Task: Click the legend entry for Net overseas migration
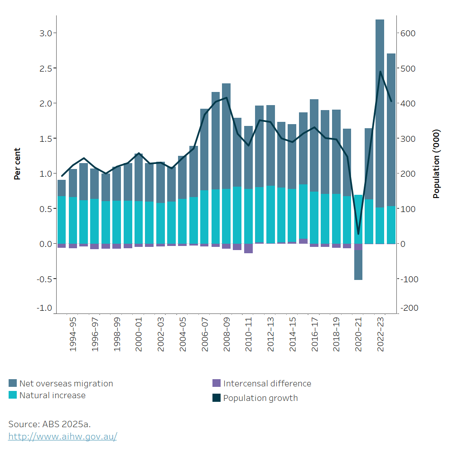pos(66,384)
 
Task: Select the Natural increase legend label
pos(52,395)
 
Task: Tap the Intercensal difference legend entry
pos(267,384)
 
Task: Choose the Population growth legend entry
pos(260,398)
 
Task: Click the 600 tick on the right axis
pos(408,33)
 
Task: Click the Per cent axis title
pos(17,164)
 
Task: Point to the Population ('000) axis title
pos(436,164)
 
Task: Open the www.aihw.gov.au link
pos(63,437)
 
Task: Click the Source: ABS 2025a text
pos(50,424)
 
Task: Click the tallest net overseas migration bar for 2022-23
pos(380,113)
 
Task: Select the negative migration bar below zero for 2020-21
pos(358,265)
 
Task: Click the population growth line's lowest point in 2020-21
pos(358,234)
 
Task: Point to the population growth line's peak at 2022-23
pos(381,71)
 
